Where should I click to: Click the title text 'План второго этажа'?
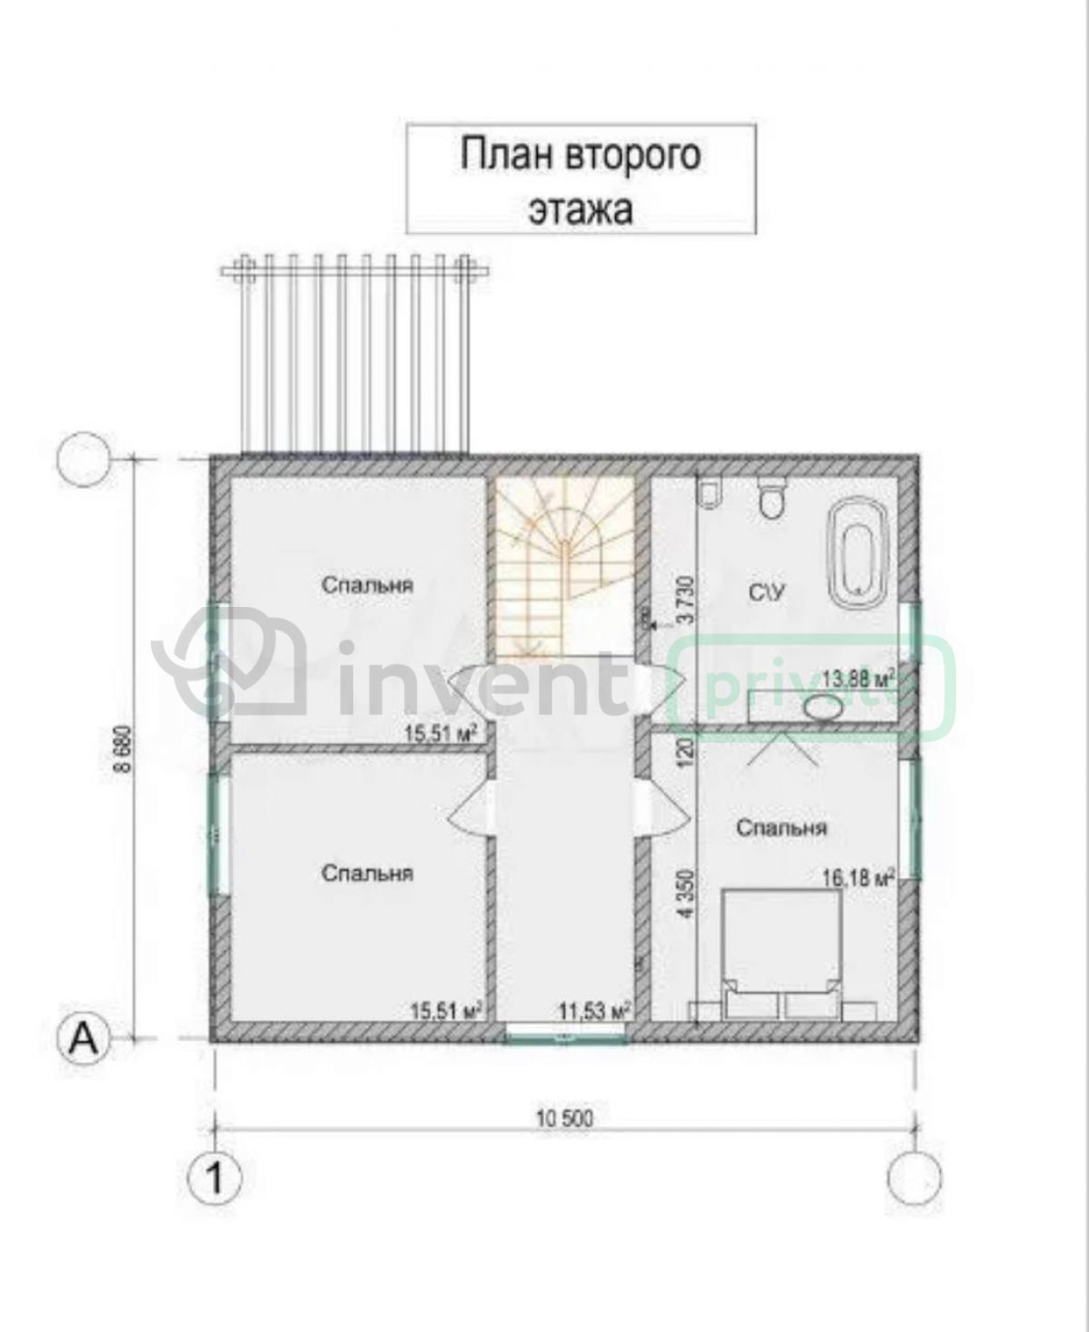(581, 180)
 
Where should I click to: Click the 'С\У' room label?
(767, 593)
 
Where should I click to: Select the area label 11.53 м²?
(594, 1011)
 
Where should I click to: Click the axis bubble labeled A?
(84, 1038)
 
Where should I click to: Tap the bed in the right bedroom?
(781, 955)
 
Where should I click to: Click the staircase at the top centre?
(564, 567)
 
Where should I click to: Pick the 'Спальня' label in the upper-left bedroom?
(367, 585)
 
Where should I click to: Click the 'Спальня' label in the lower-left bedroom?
(367, 874)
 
